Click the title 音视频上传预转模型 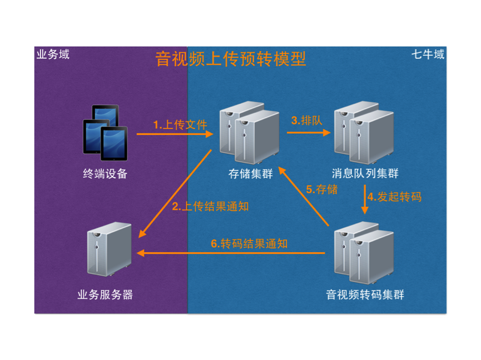[231, 59]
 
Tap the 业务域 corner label [53, 54]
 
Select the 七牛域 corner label [428, 54]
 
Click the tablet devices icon [105, 133]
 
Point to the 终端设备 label [105, 174]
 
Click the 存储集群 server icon [249, 133]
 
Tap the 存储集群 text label [251, 174]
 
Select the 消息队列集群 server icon [364, 133]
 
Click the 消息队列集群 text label [365, 173]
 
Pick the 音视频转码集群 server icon [364, 253]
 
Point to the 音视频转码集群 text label [365, 295]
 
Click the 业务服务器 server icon [110, 249]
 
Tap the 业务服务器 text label [105, 295]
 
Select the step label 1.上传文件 [180, 124]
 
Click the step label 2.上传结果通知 [210, 207]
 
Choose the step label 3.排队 [307, 121]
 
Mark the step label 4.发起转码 [394, 197]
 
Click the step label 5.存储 [322, 189]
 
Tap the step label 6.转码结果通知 [249, 244]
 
